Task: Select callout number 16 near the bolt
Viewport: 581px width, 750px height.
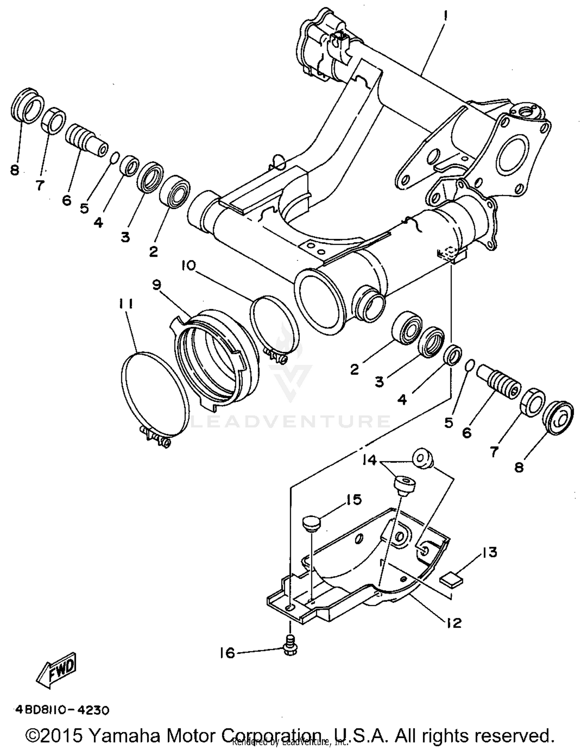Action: (227, 653)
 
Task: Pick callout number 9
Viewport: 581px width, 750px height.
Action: (156, 285)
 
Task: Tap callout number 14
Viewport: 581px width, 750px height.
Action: (370, 460)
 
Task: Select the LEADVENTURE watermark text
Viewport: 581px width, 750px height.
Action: (290, 421)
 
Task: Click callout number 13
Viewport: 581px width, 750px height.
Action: (490, 552)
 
